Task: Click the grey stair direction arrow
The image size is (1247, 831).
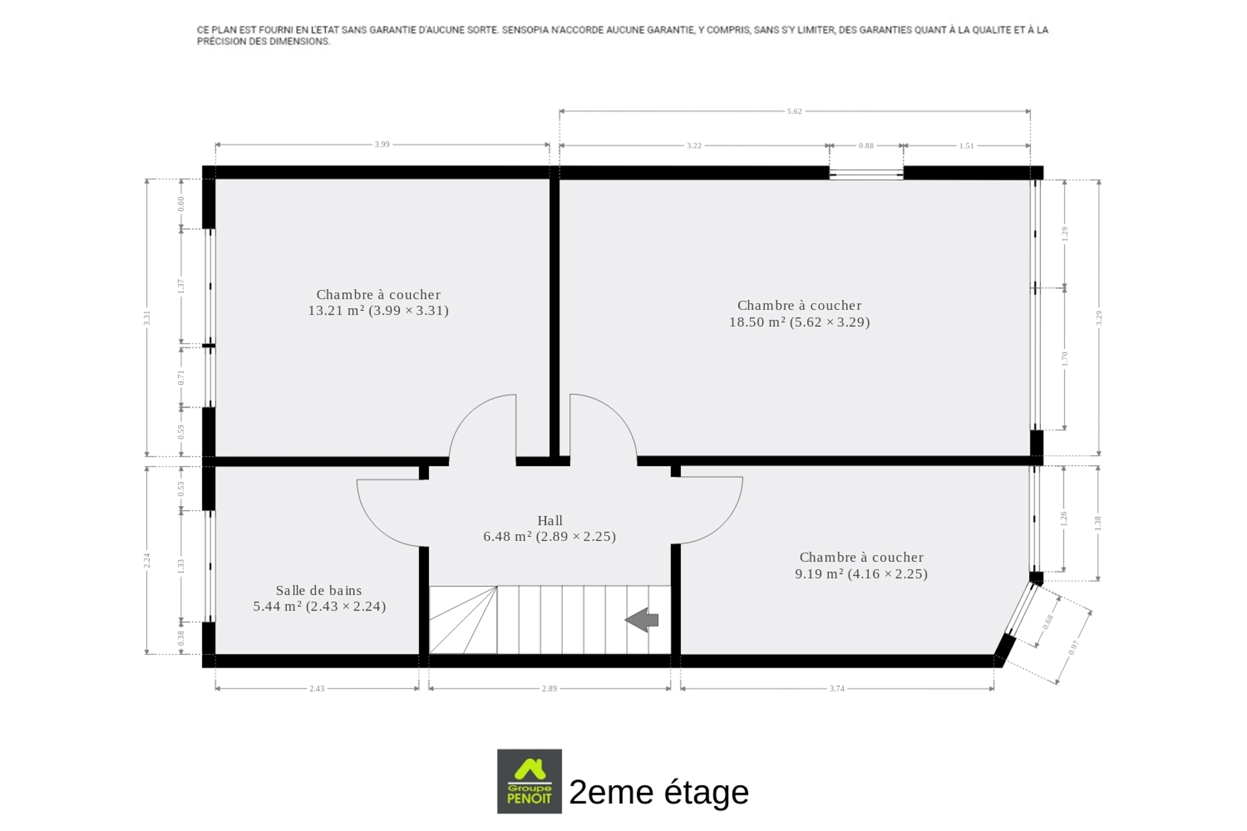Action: (641, 620)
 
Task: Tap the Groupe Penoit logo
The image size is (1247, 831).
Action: (529, 781)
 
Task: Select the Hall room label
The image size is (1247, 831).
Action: (550, 521)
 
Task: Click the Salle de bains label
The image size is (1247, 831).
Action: (319, 590)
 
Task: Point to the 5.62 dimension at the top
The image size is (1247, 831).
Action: (794, 111)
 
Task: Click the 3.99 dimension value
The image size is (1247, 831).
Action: (382, 144)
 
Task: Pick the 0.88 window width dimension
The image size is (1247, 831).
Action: (866, 146)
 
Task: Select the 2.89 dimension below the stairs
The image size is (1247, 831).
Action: (550, 688)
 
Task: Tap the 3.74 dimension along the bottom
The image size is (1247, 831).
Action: (837, 688)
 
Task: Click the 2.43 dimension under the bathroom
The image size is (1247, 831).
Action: (317, 688)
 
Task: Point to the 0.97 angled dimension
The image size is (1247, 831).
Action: (1073, 648)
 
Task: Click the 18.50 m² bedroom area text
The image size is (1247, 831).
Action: (800, 322)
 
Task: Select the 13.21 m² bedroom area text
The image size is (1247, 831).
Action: (378, 310)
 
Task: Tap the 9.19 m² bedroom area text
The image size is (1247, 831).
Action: (861, 574)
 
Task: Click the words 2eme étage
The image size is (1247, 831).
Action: (659, 792)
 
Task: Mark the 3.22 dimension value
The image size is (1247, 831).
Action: (694, 146)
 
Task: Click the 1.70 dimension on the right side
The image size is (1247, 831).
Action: (1065, 358)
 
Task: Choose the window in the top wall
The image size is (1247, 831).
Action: (867, 173)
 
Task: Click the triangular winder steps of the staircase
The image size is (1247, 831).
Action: (463, 620)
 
